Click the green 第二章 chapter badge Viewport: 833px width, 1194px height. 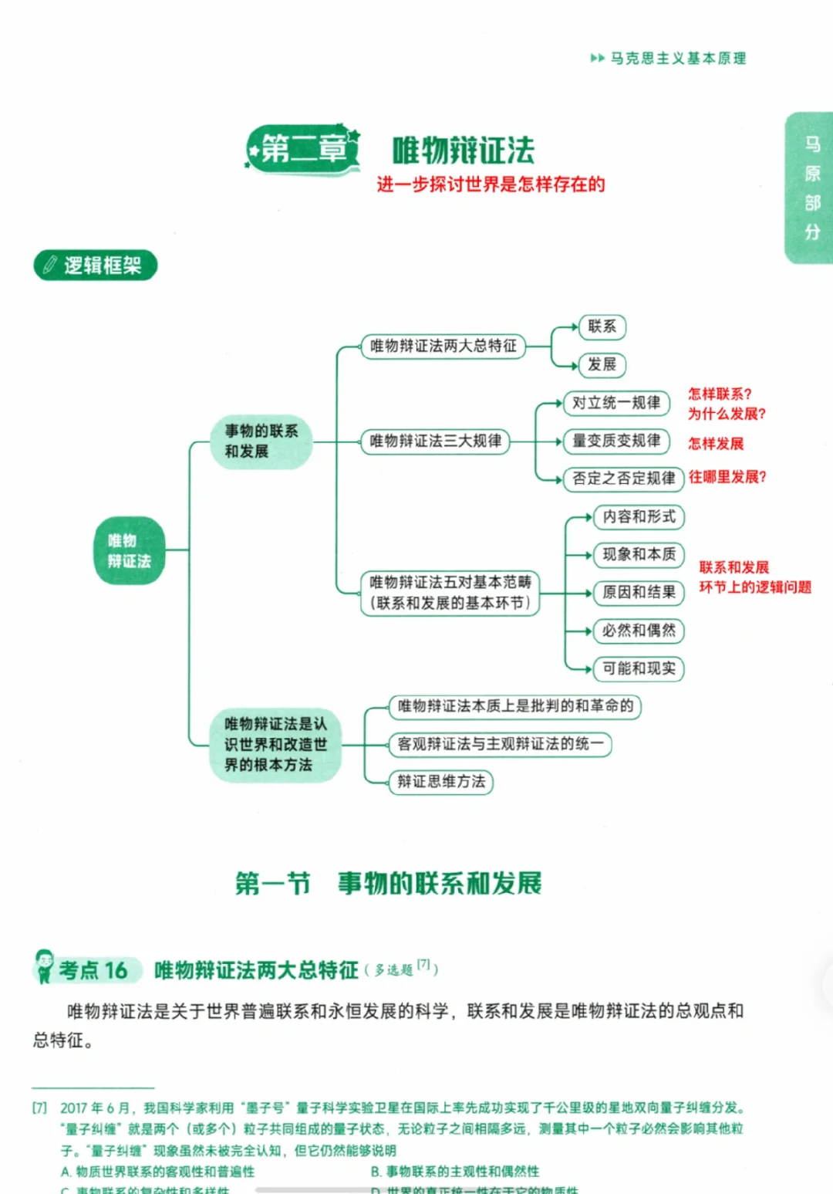coord(303,148)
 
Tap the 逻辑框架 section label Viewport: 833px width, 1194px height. coord(96,266)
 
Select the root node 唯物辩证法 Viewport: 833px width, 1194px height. coord(130,550)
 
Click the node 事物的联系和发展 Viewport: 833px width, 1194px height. coord(261,441)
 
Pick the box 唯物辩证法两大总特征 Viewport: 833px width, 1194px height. coord(443,346)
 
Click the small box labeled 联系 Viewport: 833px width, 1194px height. coord(602,326)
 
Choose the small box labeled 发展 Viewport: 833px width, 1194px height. coord(602,364)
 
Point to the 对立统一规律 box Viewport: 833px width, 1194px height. coord(616,403)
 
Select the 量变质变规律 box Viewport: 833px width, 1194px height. coord(616,441)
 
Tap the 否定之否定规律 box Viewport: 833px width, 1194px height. coord(623,479)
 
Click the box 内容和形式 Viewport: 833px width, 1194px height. coord(639,516)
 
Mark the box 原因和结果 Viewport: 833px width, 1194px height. coord(639,592)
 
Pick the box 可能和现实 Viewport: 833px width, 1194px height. coord(639,668)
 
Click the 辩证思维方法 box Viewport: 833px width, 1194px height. coord(441,782)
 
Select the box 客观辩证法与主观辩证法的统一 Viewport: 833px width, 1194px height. coord(501,744)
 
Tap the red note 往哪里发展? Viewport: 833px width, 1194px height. coord(727,477)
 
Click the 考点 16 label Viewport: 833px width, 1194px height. coord(93,970)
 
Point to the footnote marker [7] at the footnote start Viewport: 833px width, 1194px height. coord(39,1108)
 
